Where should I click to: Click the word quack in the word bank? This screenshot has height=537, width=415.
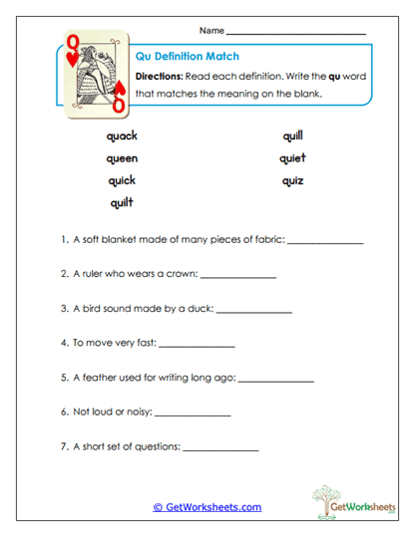(121, 136)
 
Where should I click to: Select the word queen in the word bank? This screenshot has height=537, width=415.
(122, 158)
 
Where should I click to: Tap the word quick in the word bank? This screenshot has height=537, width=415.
(121, 180)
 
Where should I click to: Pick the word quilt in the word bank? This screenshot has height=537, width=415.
(121, 202)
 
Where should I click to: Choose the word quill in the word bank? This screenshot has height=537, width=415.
(292, 136)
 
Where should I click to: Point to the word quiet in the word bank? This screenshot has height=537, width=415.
(292, 158)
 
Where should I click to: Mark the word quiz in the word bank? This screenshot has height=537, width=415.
(292, 180)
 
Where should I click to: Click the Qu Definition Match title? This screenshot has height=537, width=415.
(187, 57)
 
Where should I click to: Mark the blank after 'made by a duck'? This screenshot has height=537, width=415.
(253, 311)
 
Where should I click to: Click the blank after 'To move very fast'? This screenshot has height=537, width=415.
(197, 346)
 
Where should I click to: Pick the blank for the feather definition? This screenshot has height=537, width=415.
(276, 381)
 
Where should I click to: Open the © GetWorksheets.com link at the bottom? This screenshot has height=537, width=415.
(207, 507)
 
